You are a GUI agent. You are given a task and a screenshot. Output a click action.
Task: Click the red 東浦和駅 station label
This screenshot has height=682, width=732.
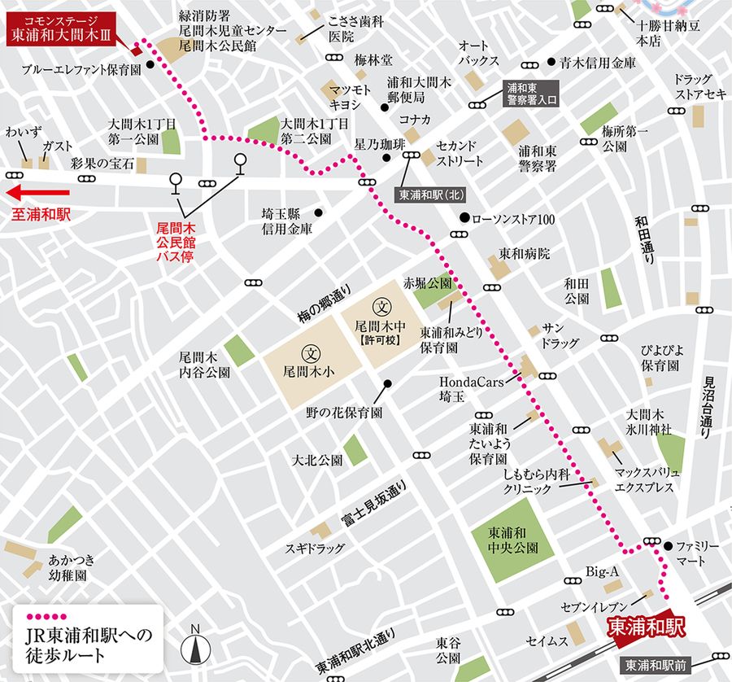click(x=647, y=626)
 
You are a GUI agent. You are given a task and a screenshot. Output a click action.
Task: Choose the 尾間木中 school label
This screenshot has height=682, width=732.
click(x=380, y=323)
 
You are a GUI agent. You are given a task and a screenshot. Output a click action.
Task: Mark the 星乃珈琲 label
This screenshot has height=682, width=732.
click(x=379, y=143)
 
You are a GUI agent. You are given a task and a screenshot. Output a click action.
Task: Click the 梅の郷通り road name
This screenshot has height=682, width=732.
click(x=323, y=302)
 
